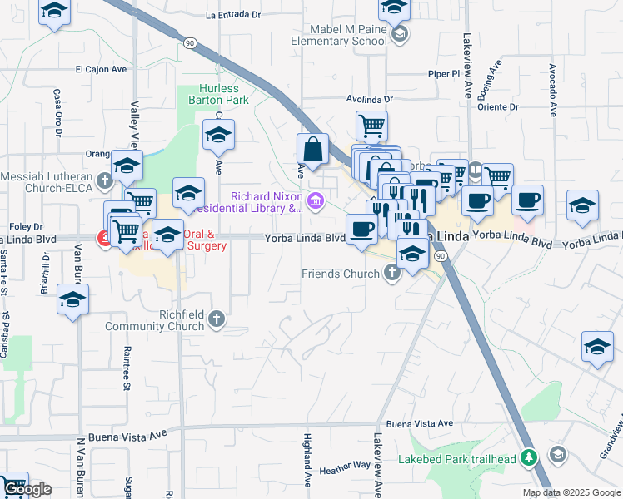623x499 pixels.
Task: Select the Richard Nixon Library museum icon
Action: [315, 200]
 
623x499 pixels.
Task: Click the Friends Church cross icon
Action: [389, 274]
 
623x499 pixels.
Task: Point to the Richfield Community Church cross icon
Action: [216, 319]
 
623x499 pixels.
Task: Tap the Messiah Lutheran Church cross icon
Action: [104, 180]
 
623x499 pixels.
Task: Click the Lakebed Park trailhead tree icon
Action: [527, 457]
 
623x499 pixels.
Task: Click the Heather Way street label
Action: [345, 468]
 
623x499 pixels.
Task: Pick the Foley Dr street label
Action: [25, 226]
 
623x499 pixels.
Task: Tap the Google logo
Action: [27, 489]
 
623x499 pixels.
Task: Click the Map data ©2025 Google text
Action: [571, 492]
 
